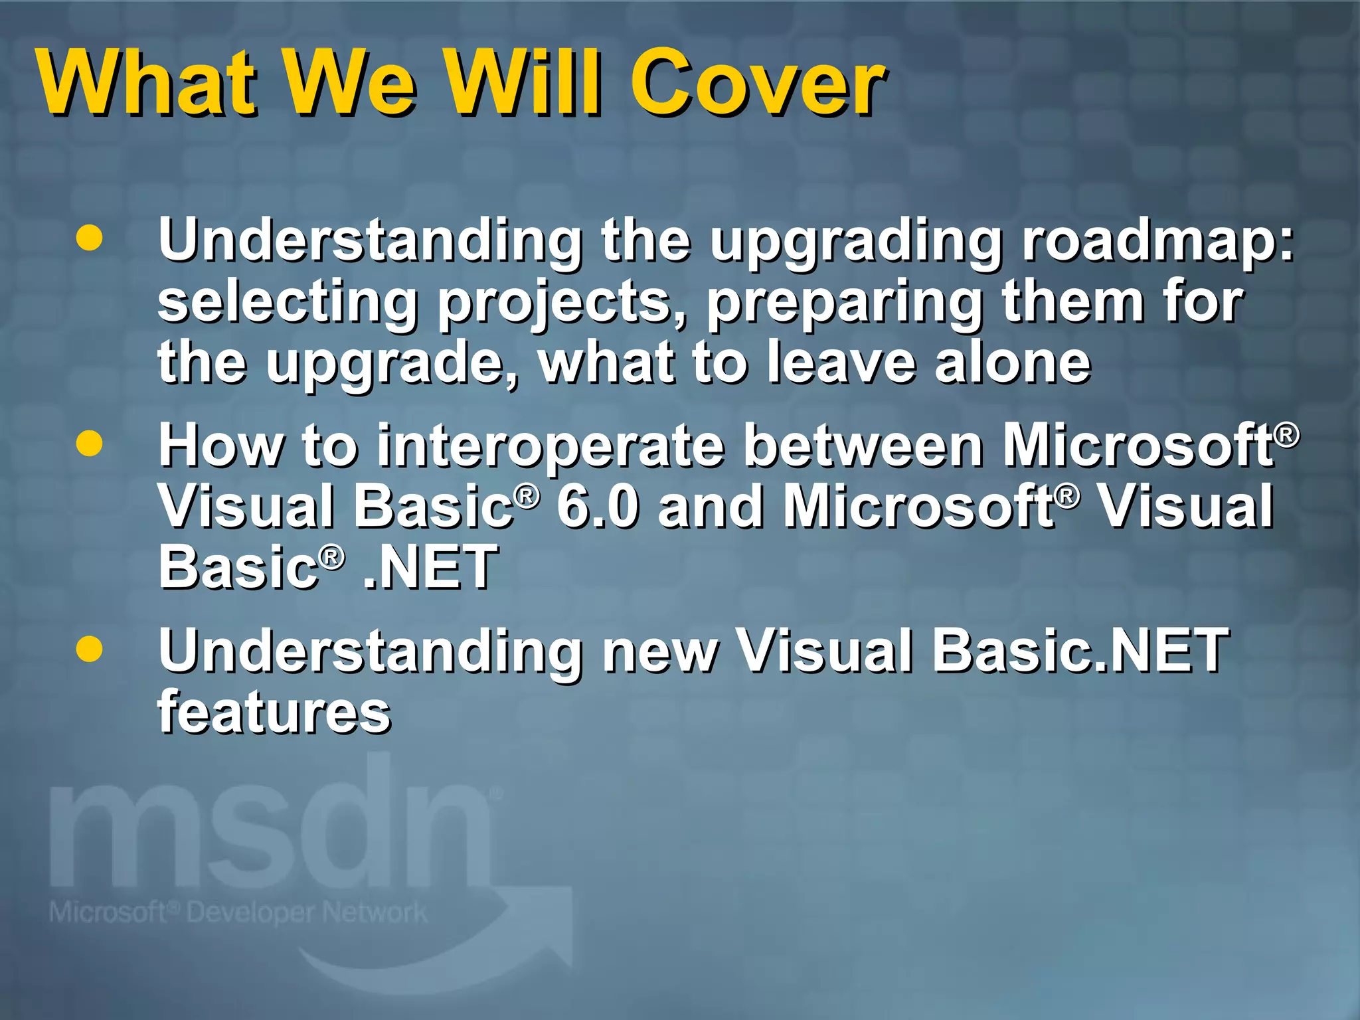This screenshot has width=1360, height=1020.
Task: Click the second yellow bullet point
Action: pyautogui.click(x=89, y=443)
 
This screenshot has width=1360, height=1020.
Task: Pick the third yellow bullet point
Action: pyautogui.click(x=89, y=648)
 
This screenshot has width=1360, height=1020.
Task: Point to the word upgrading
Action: pyautogui.click(x=857, y=242)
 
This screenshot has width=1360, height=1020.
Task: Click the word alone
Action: pyautogui.click(x=1012, y=363)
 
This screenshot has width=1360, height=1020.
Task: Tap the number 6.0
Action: pyautogui.click(x=598, y=507)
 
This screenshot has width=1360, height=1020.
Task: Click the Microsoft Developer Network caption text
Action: pyautogui.click(x=238, y=913)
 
